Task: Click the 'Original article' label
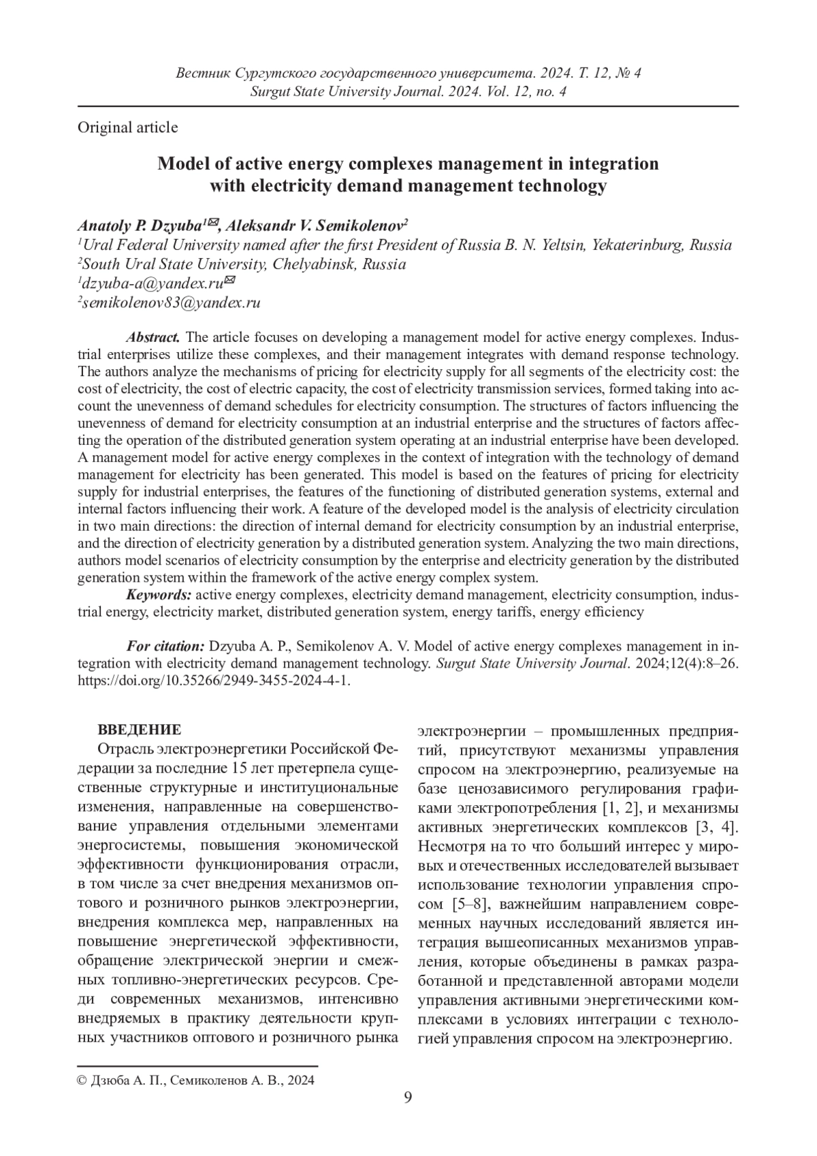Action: pyautogui.click(x=128, y=127)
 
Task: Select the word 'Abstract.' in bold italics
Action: pyautogui.click(x=153, y=337)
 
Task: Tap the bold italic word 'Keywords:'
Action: pyautogui.click(x=159, y=595)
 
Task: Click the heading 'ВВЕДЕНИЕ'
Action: pyautogui.click(x=140, y=730)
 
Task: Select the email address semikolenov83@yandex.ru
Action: pyautogui.click(x=170, y=303)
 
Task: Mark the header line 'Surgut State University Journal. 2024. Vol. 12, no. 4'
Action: pyautogui.click(x=408, y=91)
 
